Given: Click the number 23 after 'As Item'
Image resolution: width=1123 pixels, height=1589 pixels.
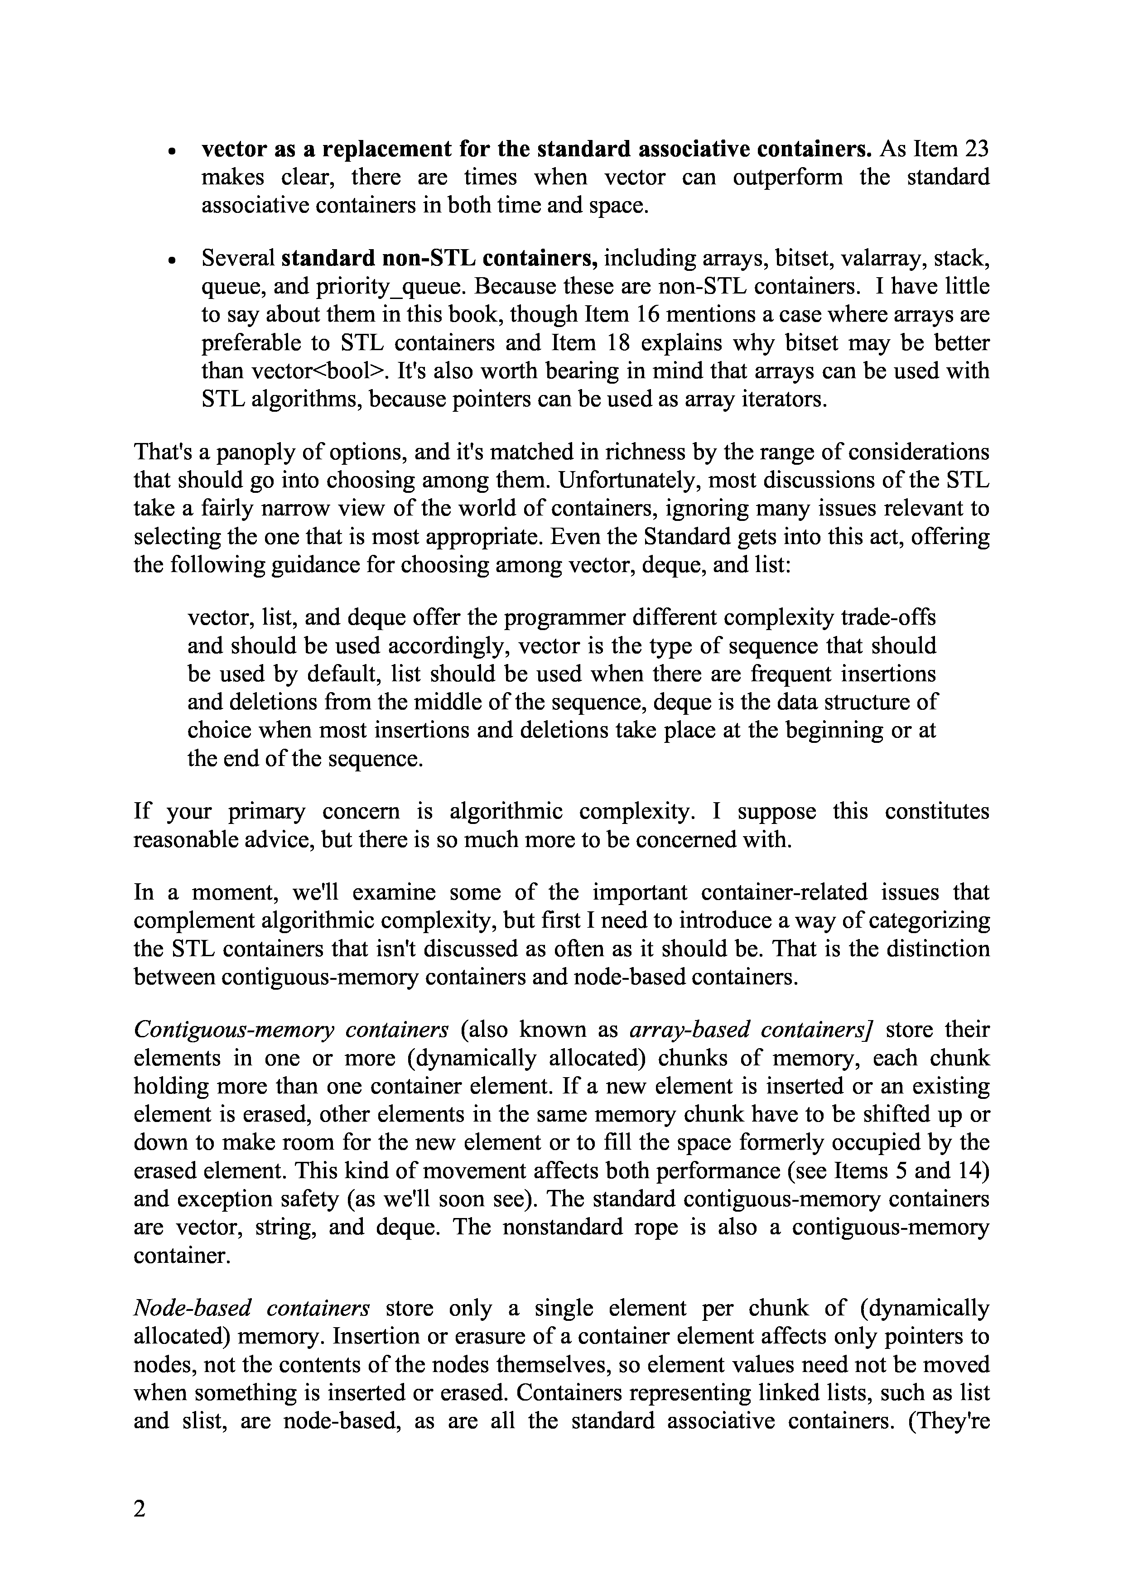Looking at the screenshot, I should pos(974,149).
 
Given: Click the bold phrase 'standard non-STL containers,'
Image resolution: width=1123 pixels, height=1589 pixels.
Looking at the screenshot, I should pos(440,258).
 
